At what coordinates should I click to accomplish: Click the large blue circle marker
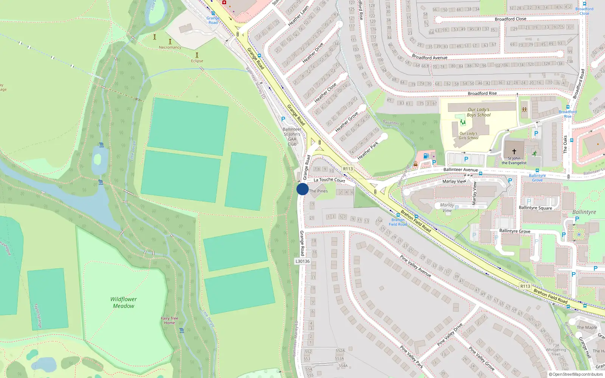[302, 189]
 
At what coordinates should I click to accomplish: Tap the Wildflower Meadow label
[124, 302]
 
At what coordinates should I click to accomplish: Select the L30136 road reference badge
[302, 261]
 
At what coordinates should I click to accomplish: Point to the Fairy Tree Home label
[169, 321]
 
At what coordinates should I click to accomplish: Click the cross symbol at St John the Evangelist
[514, 151]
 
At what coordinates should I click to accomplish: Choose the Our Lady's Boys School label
[478, 112]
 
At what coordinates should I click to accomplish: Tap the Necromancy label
[170, 47]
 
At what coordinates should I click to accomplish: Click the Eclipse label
[197, 61]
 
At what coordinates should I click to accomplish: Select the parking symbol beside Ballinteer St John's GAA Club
[283, 119]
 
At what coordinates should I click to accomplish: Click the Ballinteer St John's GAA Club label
[292, 136]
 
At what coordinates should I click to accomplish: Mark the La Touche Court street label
[329, 180]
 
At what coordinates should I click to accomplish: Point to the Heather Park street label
[368, 150]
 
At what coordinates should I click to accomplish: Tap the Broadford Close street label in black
[510, 19]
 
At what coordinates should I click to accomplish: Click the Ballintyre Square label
[535, 208]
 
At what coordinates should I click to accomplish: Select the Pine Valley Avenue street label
[416, 266]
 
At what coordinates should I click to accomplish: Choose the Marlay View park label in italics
[447, 208]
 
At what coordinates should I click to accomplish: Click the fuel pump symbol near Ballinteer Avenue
[426, 156]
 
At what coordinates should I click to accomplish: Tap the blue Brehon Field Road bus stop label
[398, 222]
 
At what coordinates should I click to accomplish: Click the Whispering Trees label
[556, 352]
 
